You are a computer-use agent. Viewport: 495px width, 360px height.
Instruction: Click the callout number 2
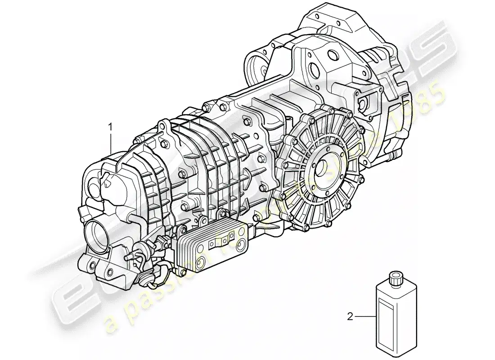[x=350, y=317]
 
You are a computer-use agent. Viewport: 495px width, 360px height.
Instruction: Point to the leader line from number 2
[x=364, y=317]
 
